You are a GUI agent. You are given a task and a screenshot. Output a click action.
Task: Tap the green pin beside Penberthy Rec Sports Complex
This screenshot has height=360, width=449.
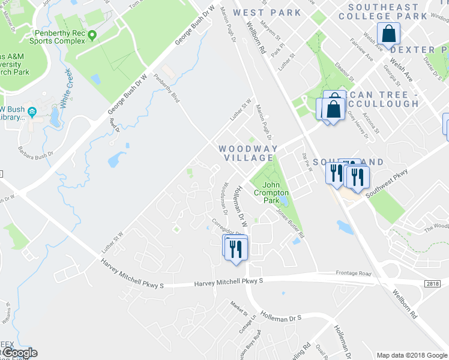click(x=92, y=35)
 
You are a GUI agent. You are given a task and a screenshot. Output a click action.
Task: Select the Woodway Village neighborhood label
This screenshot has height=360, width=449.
click(x=248, y=153)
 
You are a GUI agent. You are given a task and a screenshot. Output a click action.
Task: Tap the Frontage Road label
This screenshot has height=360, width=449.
click(x=354, y=272)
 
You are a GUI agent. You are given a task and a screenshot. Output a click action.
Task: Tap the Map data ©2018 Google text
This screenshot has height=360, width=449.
click(x=411, y=354)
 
